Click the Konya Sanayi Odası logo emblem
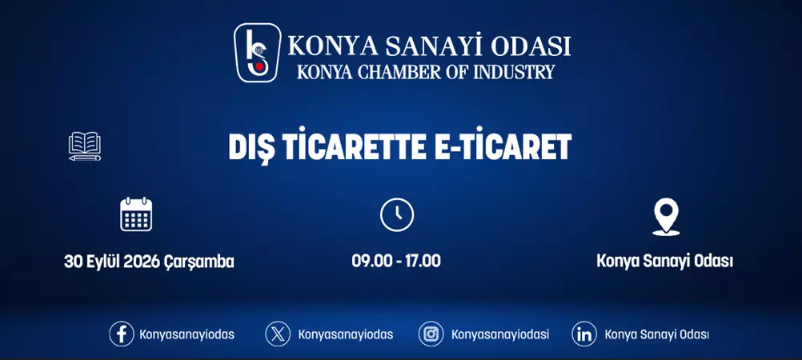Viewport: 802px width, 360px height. point(257,53)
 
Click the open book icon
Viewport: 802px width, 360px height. point(85,146)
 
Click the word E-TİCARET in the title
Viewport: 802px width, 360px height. point(503,147)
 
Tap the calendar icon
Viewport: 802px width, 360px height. point(136,214)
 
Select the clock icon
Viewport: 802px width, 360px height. point(396,214)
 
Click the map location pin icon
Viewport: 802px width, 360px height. point(666,215)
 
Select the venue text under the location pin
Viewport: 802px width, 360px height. point(665,262)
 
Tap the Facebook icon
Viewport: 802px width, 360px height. point(122,334)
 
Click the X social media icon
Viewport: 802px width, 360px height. point(278,334)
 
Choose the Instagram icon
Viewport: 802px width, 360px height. point(431,334)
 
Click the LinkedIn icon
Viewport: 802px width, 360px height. point(584,334)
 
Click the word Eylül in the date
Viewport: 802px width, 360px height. point(102,262)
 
